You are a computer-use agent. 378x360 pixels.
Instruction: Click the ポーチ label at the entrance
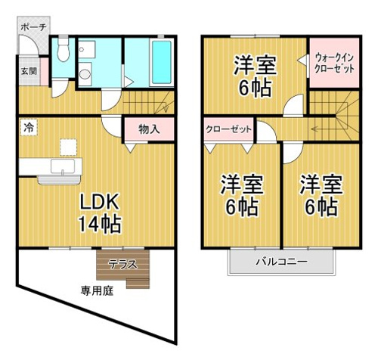[33, 27]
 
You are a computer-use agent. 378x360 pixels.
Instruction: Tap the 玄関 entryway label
[29, 71]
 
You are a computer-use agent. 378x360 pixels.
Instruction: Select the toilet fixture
[63, 51]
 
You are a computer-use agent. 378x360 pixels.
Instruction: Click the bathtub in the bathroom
[162, 62]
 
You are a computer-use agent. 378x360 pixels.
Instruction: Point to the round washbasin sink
[85, 74]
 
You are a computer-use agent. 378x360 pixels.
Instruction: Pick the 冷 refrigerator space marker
[29, 128]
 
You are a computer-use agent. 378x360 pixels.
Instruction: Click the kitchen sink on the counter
[63, 166]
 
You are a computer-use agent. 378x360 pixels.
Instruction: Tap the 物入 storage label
[149, 129]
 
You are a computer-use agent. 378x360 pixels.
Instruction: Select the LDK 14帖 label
[99, 214]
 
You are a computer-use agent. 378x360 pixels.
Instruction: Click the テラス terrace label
[122, 264]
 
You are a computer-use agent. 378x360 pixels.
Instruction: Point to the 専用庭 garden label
[97, 291]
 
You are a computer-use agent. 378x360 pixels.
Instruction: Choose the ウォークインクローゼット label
[334, 63]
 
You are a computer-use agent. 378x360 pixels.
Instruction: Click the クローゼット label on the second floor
[228, 129]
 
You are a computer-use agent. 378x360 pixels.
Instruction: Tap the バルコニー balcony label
[282, 262]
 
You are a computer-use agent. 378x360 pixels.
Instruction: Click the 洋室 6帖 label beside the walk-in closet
[256, 76]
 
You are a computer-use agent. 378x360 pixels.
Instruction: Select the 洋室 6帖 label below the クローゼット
[242, 196]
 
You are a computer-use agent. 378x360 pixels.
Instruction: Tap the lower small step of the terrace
[138, 284]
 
